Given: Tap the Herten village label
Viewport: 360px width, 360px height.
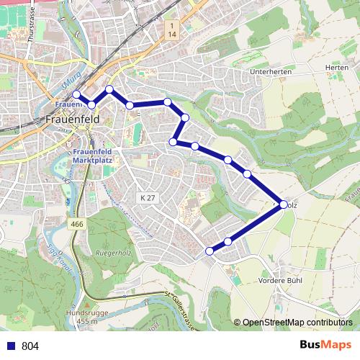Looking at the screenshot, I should point(336,67).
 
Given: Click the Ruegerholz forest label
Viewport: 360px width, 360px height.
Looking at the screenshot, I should point(112,253).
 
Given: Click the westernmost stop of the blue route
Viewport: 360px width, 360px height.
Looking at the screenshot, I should point(76,94).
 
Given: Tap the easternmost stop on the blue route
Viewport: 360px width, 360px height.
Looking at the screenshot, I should point(283,205).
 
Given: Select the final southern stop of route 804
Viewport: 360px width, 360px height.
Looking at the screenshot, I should point(210,251).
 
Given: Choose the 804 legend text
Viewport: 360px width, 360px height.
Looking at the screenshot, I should point(30,346).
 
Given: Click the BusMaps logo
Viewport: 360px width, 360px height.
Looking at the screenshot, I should point(325,346).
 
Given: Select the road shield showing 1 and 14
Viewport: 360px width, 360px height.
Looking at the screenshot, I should point(171,30).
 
